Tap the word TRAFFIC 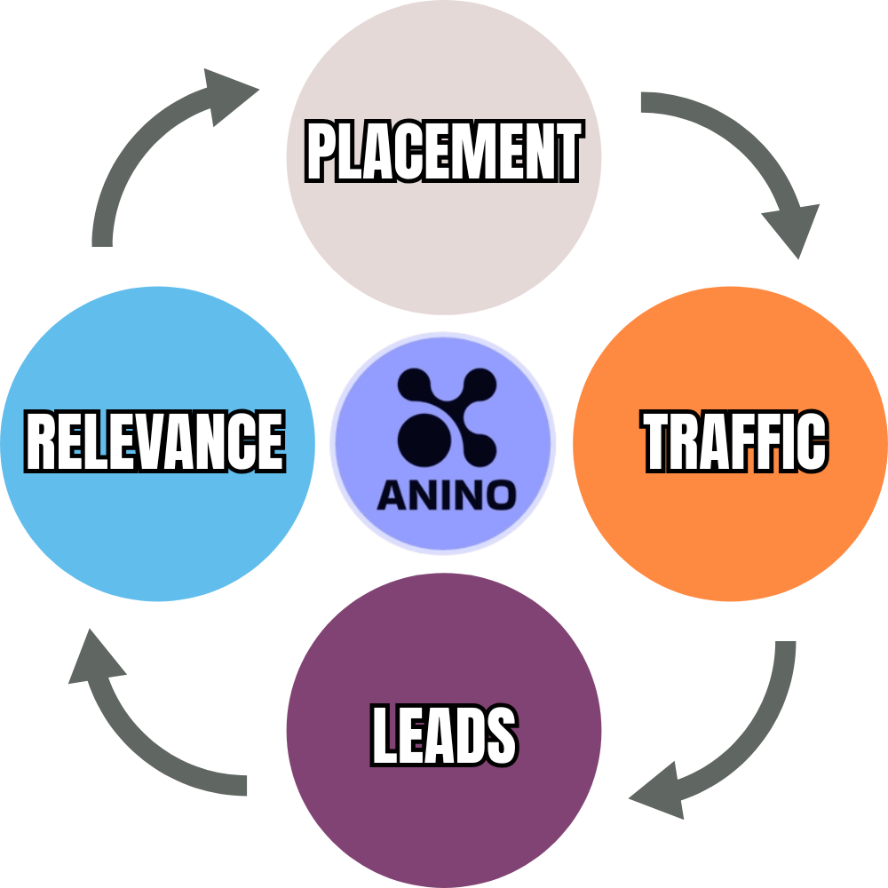click(x=734, y=441)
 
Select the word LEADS click(x=444, y=734)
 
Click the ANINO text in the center click(x=446, y=495)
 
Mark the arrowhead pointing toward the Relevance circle click(x=93, y=662)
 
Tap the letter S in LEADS click(x=499, y=734)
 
